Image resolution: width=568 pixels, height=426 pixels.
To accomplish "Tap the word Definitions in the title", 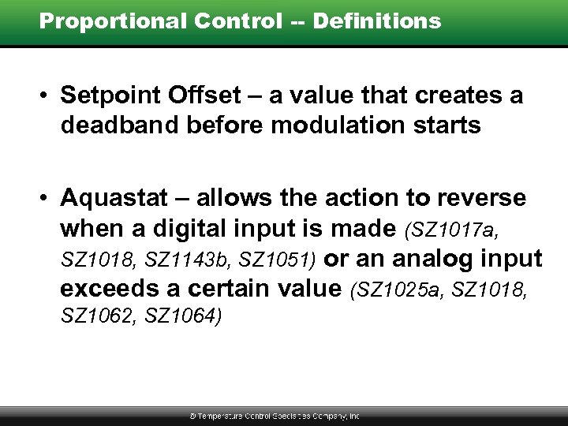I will tap(377, 21).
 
